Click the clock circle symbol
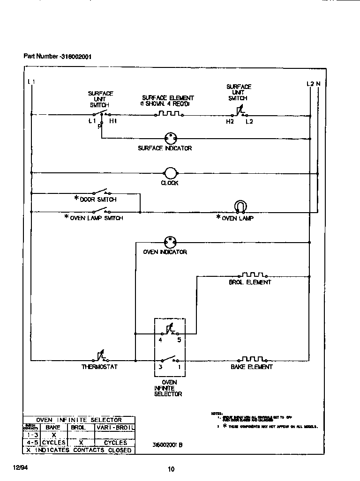tap(170, 173)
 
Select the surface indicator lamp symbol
tap(170, 138)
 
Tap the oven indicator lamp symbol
tap(170, 242)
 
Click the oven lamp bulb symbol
tap(240, 207)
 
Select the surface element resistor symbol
tap(168, 113)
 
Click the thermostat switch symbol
tap(100, 358)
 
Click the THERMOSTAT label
tap(99, 367)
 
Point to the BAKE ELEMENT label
tap(251, 367)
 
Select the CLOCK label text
tap(170, 183)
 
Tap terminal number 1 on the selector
tap(179, 367)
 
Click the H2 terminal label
tap(230, 121)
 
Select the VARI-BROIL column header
tap(115, 428)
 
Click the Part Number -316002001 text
tap(57, 57)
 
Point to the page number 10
tap(171, 469)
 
